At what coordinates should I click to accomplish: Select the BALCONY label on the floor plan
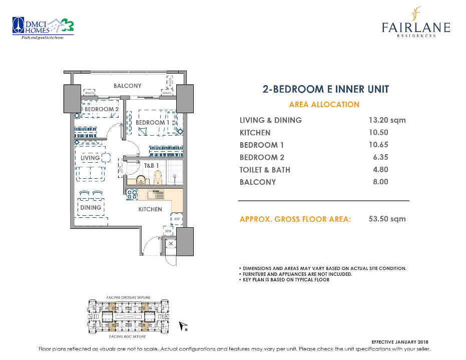(x=127, y=86)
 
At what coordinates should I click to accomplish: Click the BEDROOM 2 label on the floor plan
(x=101, y=109)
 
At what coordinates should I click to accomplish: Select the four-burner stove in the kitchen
(x=131, y=195)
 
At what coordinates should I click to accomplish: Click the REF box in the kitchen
(x=177, y=219)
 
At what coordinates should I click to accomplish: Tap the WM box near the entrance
(x=168, y=231)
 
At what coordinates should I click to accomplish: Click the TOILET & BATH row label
(x=265, y=170)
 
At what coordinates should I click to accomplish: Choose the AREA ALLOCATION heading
(x=324, y=105)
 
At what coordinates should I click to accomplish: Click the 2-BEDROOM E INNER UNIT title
(x=325, y=90)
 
